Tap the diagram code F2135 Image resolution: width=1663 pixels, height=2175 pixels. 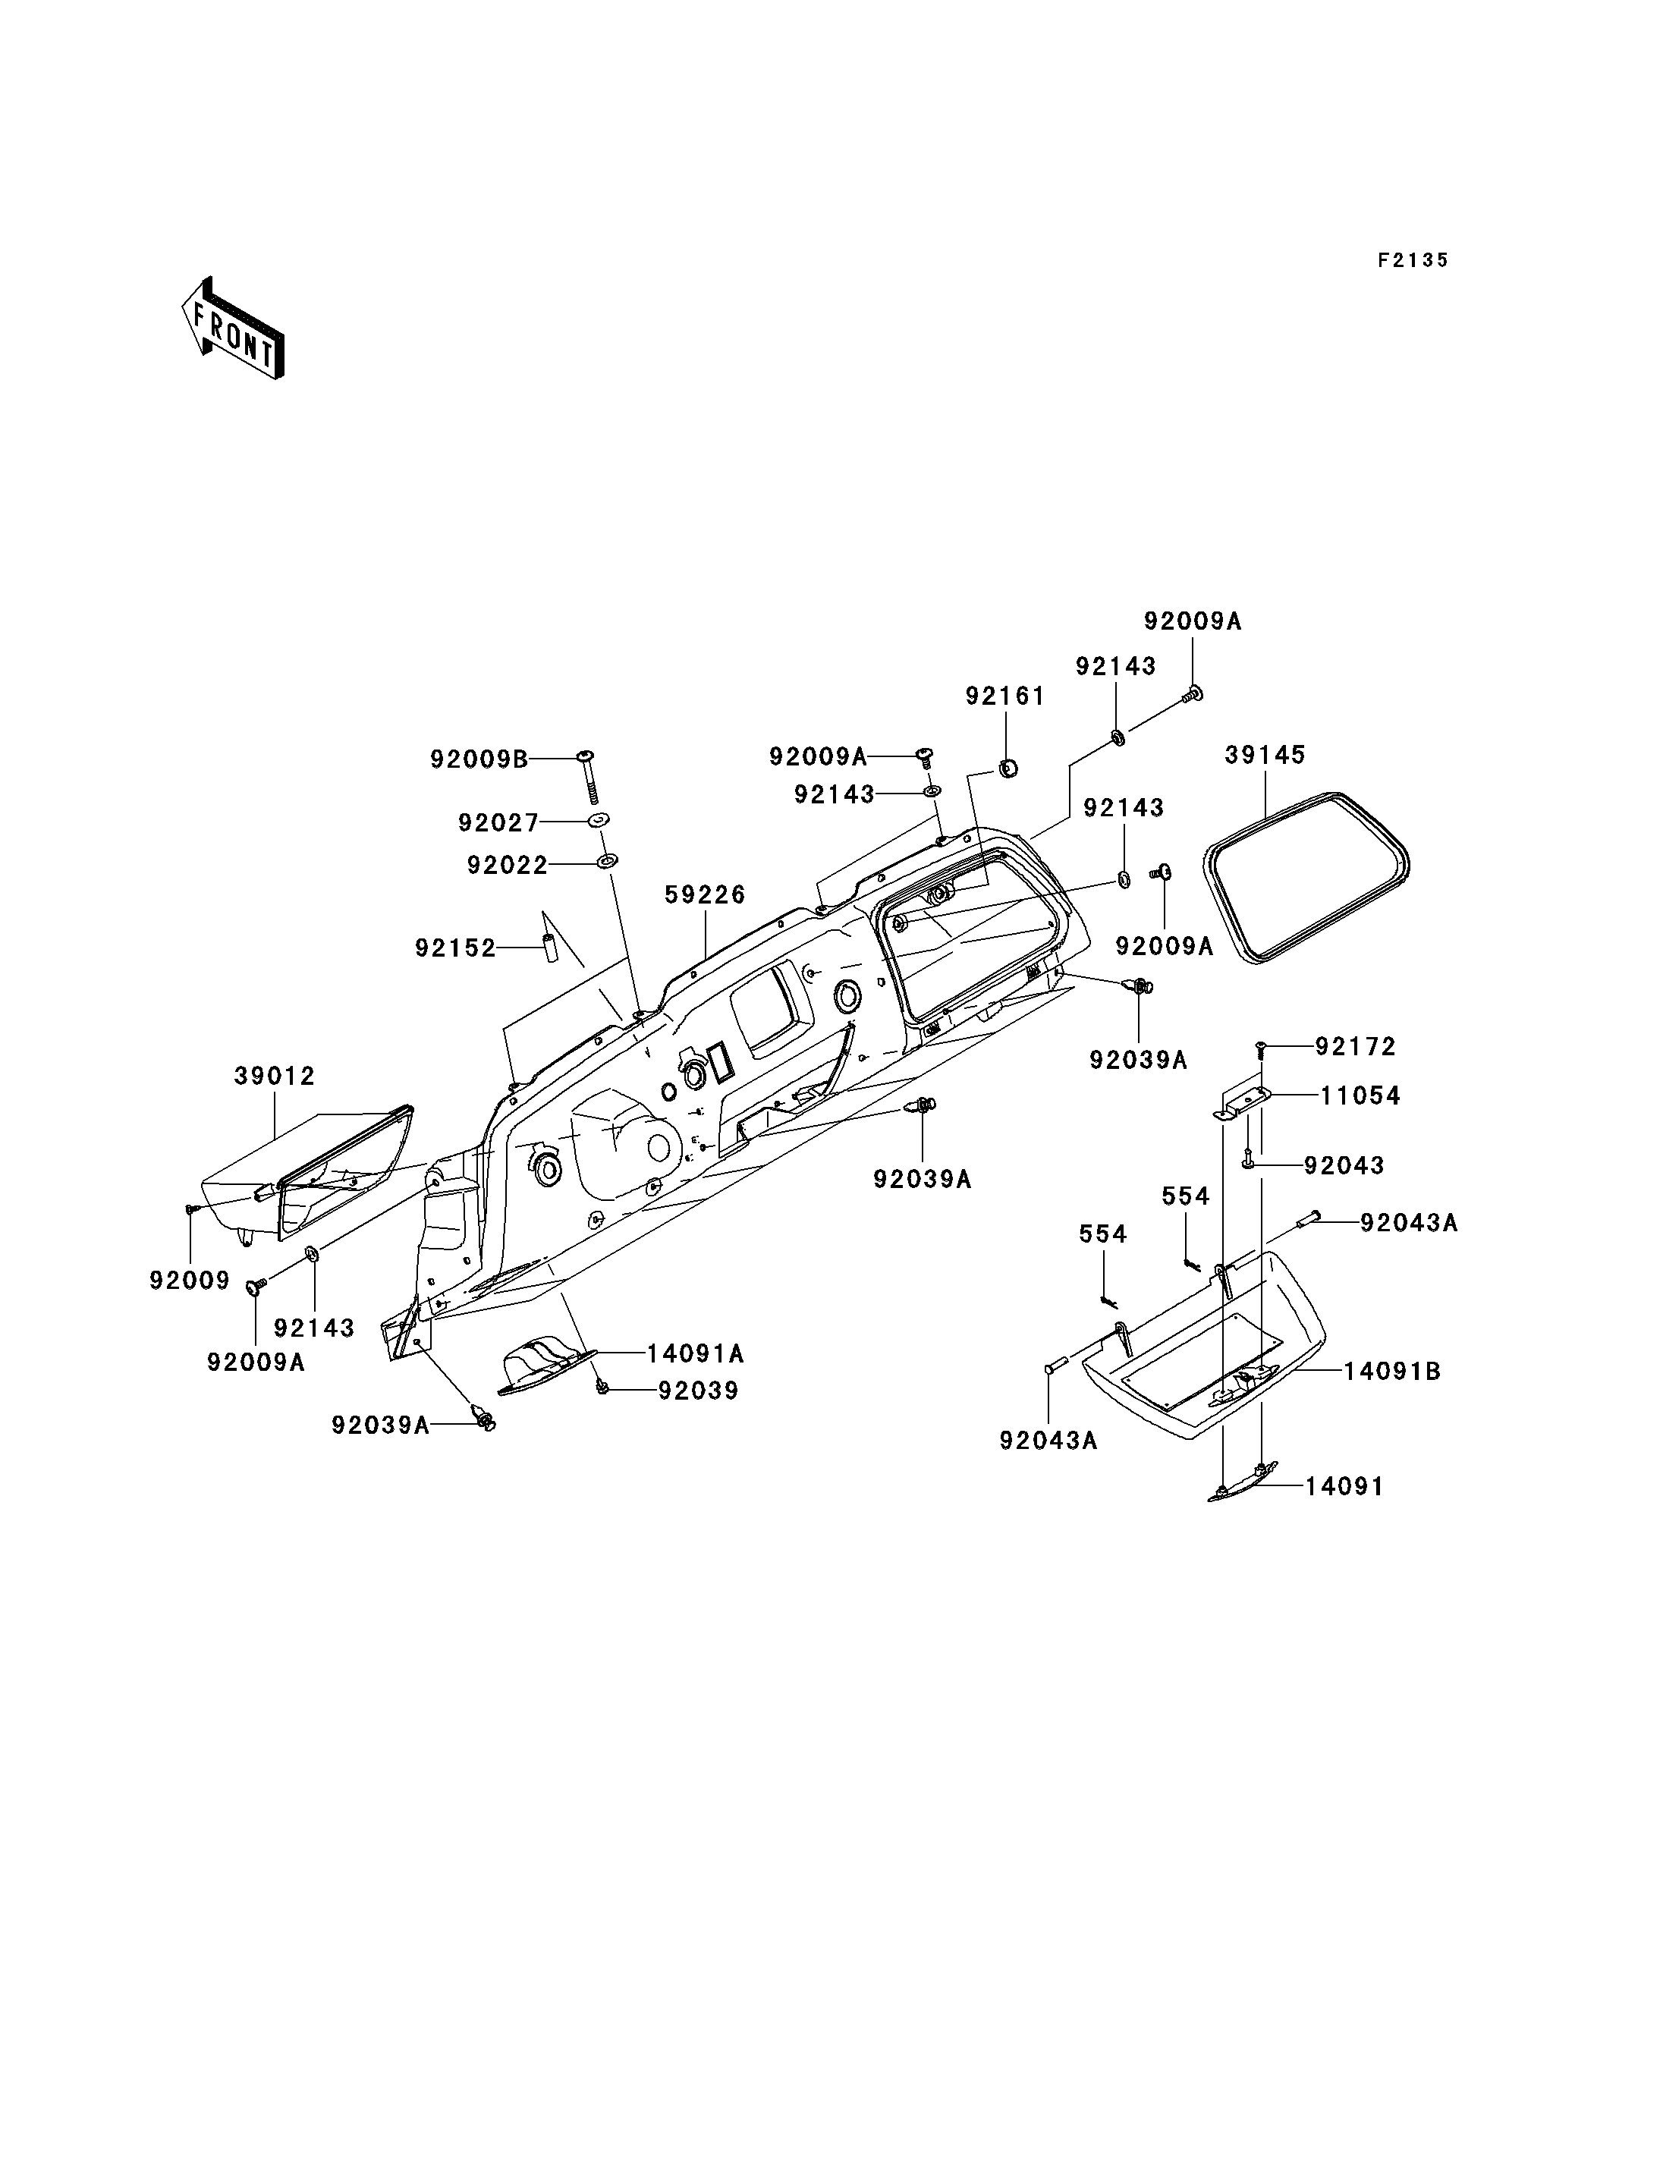tap(1413, 260)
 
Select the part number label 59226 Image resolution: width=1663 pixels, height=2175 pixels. tap(705, 895)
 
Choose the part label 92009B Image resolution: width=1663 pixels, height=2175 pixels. tap(478, 759)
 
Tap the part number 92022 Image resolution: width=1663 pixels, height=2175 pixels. tap(508, 866)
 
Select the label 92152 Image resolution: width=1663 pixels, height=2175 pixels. tap(455, 948)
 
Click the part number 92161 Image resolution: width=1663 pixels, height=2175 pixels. tap(1006, 697)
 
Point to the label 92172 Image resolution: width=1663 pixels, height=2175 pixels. tap(1355, 1046)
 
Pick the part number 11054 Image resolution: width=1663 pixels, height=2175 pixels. tap(1360, 1096)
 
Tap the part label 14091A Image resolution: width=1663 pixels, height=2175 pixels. tap(696, 1353)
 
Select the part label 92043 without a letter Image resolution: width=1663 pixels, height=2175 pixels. tap(1344, 1165)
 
